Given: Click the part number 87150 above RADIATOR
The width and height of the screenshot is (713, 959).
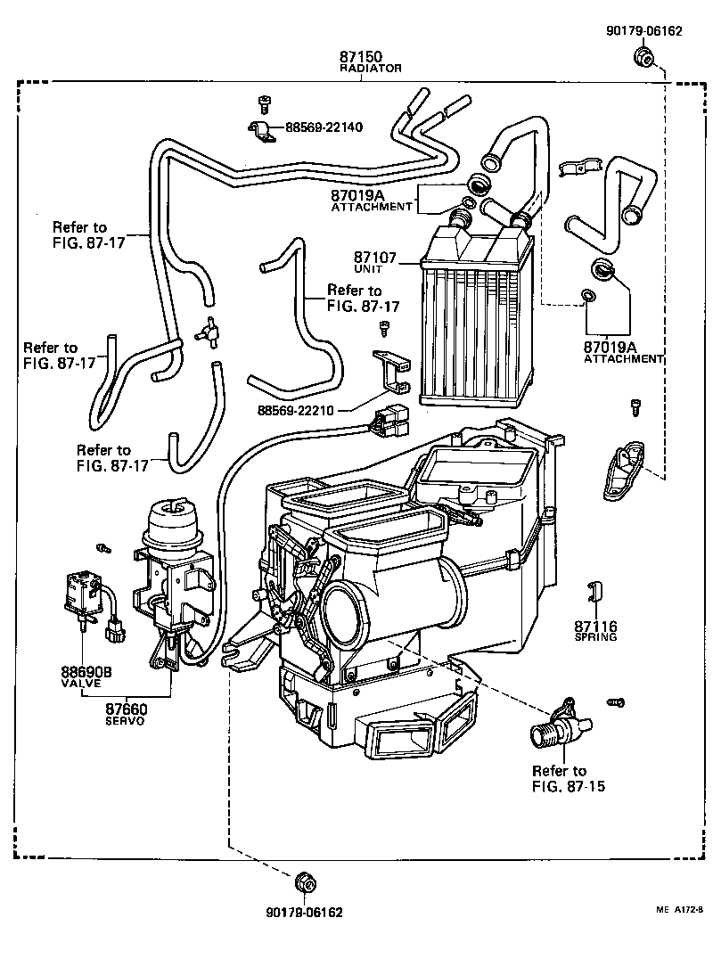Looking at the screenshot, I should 360,56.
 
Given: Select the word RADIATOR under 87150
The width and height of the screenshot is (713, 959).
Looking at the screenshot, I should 371,68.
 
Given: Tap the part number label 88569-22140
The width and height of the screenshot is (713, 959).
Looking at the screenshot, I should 324,127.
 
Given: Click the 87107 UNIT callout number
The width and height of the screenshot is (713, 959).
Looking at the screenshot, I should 375,257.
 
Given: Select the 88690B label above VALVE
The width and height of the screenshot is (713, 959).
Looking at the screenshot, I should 86,672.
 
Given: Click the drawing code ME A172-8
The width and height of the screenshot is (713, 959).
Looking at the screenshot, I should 680,909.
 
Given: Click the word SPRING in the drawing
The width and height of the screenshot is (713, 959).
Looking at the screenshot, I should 596,638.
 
